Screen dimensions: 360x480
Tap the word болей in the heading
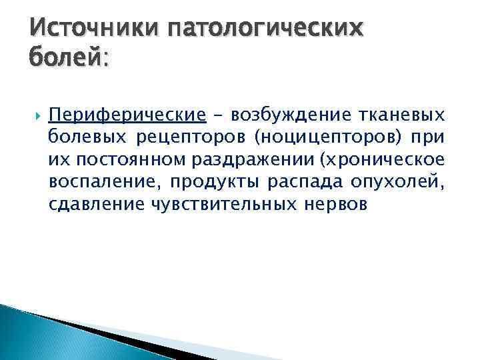[x=63, y=59]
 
